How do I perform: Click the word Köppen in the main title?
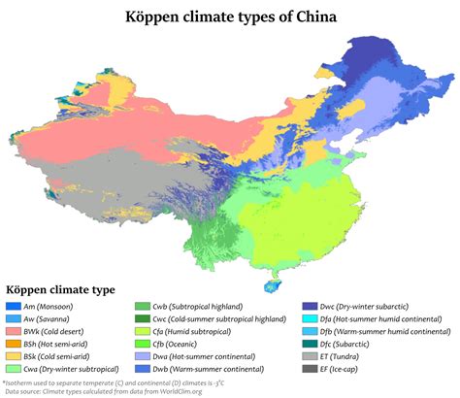(153, 17)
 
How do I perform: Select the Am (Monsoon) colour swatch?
(13, 307)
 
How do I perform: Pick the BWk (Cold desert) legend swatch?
(13, 331)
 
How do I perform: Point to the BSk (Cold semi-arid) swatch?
(13, 356)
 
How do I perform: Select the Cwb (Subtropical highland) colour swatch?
(143, 307)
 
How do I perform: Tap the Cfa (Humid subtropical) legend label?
(199, 331)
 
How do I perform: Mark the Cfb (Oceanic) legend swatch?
(143, 344)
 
